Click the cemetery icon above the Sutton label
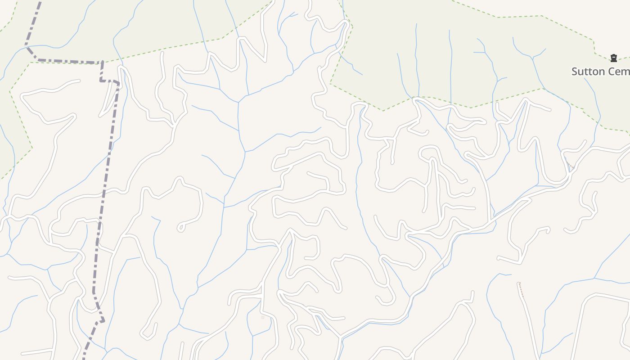613,58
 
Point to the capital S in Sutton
575,72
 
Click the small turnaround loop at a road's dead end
181,228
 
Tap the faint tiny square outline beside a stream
263,318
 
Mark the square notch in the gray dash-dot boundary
109,81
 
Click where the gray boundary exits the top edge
40,2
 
